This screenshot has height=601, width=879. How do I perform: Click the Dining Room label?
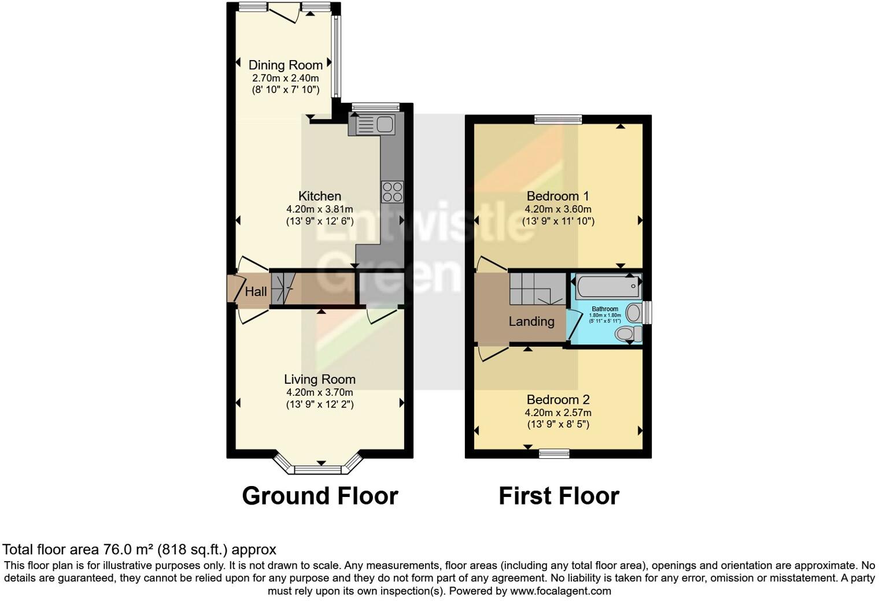pos(285,65)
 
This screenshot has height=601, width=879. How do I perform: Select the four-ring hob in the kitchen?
pos(392,192)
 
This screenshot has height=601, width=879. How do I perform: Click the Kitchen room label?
pos(319,196)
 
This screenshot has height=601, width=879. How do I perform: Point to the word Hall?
pos(256,291)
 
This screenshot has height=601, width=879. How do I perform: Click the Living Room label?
pos(319,380)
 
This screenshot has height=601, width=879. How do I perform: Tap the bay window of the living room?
pos(319,466)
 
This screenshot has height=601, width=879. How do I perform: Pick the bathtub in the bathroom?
pos(607,287)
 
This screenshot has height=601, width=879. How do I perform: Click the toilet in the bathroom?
pos(628,333)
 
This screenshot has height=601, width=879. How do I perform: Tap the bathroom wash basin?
pos(634,313)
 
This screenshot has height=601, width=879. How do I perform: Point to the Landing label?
pos(531,321)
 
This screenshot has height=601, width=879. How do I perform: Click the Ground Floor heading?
pos(319,496)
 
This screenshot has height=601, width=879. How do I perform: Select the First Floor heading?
pos(559,496)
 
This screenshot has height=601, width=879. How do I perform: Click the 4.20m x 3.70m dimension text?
pos(319,392)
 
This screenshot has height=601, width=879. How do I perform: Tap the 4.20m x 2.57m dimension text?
pos(557,413)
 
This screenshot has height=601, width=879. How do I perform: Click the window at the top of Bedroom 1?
pos(557,120)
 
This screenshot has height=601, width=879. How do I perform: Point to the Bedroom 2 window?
pos(554,454)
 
